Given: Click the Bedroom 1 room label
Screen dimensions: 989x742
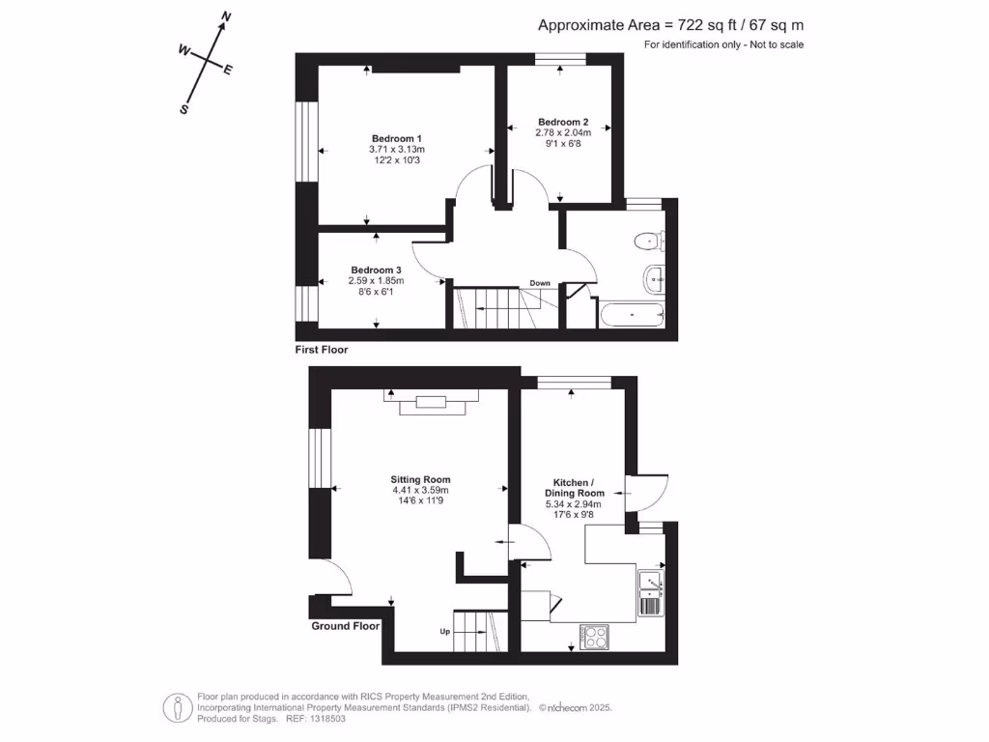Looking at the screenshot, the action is pyautogui.click(x=397, y=139).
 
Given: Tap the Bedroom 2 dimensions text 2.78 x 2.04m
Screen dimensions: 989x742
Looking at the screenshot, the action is pyautogui.click(x=563, y=132).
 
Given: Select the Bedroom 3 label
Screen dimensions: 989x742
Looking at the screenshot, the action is pyautogui.click(x=376, y=271).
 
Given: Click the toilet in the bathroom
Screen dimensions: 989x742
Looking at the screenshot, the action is pyautogui.click(x=649, y=241).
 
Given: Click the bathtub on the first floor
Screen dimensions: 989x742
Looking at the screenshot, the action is pyautogui.click(x=632, y=315).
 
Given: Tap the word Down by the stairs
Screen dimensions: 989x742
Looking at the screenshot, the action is pyautogui.click(x=540, y=283).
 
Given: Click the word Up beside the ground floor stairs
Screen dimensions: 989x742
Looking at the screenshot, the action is pyautogui.click(x=445, y=632).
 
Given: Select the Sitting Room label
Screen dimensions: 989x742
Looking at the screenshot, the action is pyautogui.click(x=420, y=479).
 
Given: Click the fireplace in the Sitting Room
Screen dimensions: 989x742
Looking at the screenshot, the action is pyautogui.click(x=432, y=402).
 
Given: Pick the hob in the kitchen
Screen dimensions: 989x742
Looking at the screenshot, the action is pyautogui.click(x=595, y=637).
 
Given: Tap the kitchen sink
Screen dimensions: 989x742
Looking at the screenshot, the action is pyautogui.click(x=650, y=584).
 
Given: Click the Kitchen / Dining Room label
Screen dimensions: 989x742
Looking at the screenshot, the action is pyautogui.click(x=574, y=488).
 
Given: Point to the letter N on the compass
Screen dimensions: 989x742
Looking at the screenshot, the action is pyautogui.click(x=226, y=17).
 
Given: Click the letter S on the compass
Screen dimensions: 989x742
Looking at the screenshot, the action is pyautogui.click(x=184, y=109).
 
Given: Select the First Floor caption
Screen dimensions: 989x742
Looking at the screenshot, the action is pyautogui.click(x=322, y=350).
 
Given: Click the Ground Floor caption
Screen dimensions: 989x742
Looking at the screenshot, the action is pyautogui.click(x=345, y=626).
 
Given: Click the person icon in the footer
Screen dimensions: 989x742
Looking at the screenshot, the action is pyautogui.click(x=178, y=708).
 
